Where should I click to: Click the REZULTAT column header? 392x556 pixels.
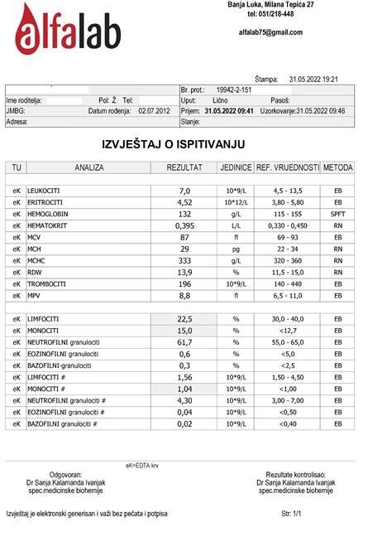click(184, 167)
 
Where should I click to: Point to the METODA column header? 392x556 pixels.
click(337, 167)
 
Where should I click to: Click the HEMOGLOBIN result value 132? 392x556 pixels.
click(184, 213)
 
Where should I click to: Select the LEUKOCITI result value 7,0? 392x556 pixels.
click(184, 191)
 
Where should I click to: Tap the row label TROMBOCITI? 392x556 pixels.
click(51, 283)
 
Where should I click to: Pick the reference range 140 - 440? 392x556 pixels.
click(287, 283)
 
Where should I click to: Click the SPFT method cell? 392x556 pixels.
click(337, 213)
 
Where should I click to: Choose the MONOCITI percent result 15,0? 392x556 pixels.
click(184, 330)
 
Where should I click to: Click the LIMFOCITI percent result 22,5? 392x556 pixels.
click(184, 318)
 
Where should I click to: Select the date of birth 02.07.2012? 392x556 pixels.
click(154, 110)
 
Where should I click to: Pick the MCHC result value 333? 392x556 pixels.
click(184, 259)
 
